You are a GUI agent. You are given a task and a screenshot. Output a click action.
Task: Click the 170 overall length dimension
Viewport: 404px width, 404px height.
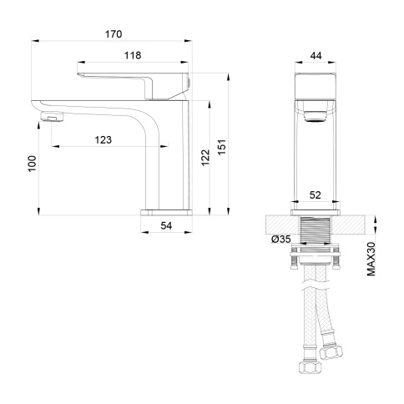pyautogui.click(x=114, y=34)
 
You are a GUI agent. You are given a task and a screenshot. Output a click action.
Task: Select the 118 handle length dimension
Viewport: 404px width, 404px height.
pyautogui.click(x=132, y=55)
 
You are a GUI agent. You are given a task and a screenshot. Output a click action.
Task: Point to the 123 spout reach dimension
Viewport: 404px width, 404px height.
pyautogui.click(x=103, y=139)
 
